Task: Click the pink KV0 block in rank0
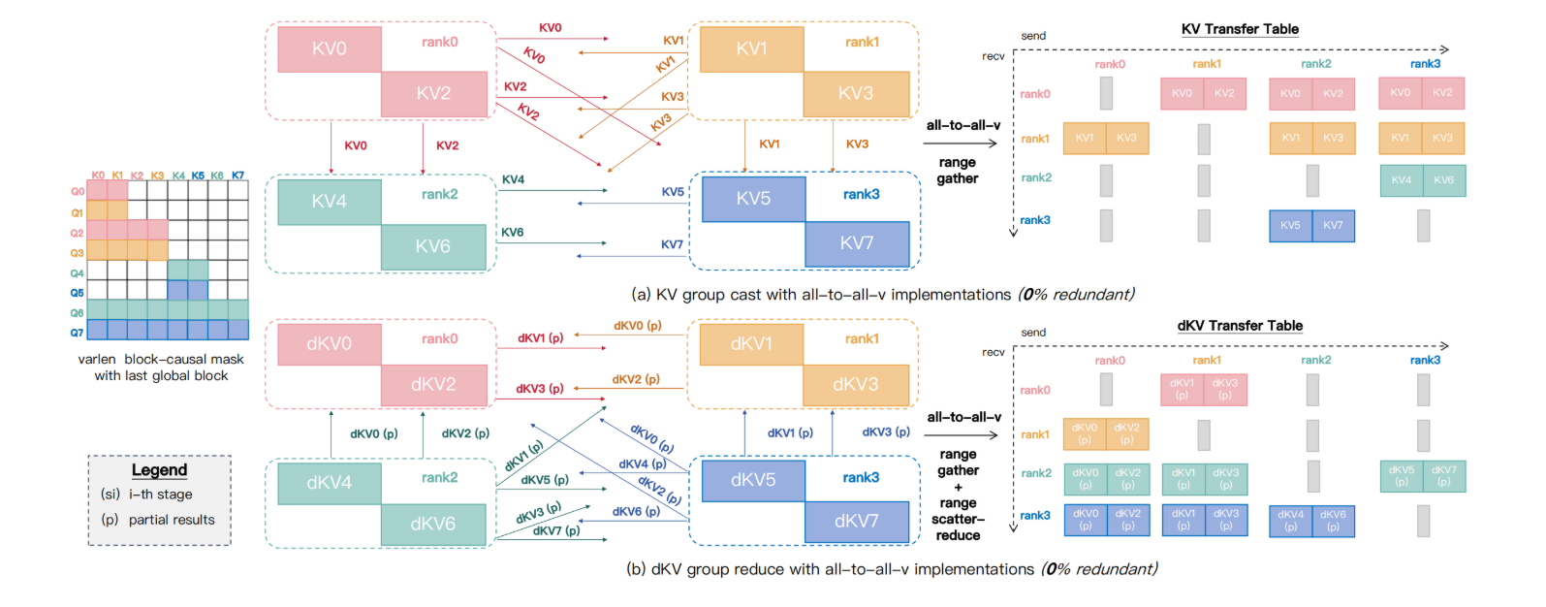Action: coord(330,48)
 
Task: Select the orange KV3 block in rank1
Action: coord(856,94)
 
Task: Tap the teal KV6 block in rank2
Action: coord(433,247)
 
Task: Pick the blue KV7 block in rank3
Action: coord(857,243)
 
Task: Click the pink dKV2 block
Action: coord(433,385)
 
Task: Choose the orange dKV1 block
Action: coord(751,344)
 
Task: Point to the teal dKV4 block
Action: coord(330,483)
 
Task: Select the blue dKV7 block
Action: coord(857,522)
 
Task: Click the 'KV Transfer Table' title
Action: coord(1240,29)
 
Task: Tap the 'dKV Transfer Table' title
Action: coord(1240,326)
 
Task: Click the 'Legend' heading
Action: coord(159,470)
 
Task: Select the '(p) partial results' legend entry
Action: coord(159,520)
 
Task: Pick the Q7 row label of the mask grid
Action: coord(77,333)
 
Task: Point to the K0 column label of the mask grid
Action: coord(98,176)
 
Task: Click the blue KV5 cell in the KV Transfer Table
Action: coord(1290,226)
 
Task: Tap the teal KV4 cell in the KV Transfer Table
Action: coord(1401,180)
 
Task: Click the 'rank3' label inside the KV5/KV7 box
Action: coord(861,195)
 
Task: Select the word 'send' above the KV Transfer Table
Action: coord(1033,36)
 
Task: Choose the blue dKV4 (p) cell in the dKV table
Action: coord(1290,521)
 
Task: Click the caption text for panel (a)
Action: coord(882,295)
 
